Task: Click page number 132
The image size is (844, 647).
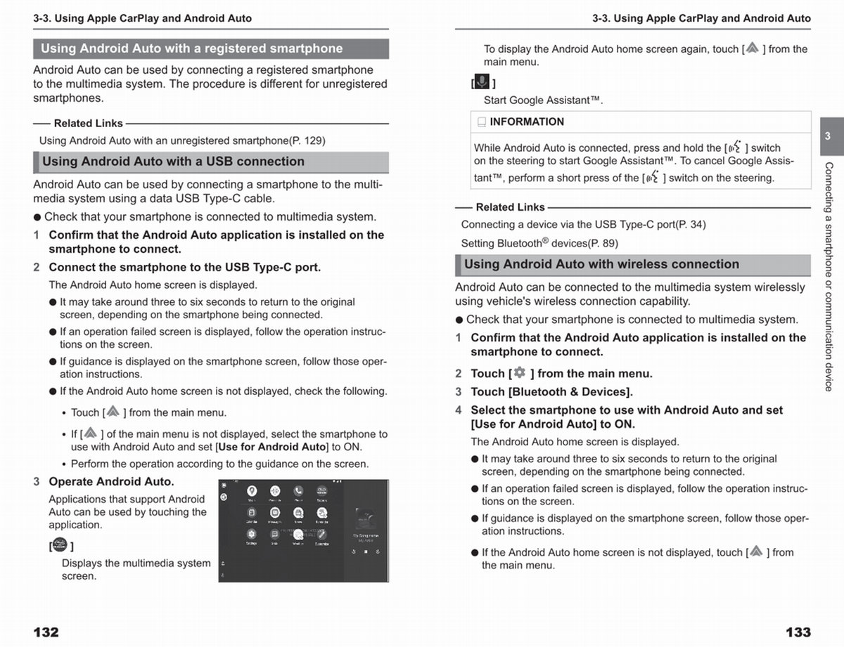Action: [46, 632]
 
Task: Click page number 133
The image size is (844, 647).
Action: [798, 632]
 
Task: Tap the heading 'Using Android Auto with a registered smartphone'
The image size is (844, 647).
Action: [191, 48]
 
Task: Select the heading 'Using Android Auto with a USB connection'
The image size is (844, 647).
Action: [173, 162]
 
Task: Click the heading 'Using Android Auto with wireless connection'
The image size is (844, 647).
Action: [601, 265]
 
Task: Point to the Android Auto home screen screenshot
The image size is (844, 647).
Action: [303, 530]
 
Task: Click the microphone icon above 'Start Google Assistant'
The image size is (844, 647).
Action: [482, 81]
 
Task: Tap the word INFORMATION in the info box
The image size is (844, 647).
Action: [527, 122]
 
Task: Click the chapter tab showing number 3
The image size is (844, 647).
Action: [828, 136]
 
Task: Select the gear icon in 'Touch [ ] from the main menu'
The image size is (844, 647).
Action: [519, 373]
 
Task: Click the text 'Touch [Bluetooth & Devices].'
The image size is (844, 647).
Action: [551, 392]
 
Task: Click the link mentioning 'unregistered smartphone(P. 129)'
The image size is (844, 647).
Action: [182, 140]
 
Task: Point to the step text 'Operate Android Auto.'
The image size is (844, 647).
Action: [111, 482]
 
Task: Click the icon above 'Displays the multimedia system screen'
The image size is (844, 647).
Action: [59, 544]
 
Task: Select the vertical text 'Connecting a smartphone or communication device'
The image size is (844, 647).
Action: [829, 276]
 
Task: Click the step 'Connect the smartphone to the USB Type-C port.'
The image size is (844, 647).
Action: [184, 268]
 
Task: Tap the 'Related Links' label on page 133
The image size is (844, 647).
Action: [510, 207]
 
